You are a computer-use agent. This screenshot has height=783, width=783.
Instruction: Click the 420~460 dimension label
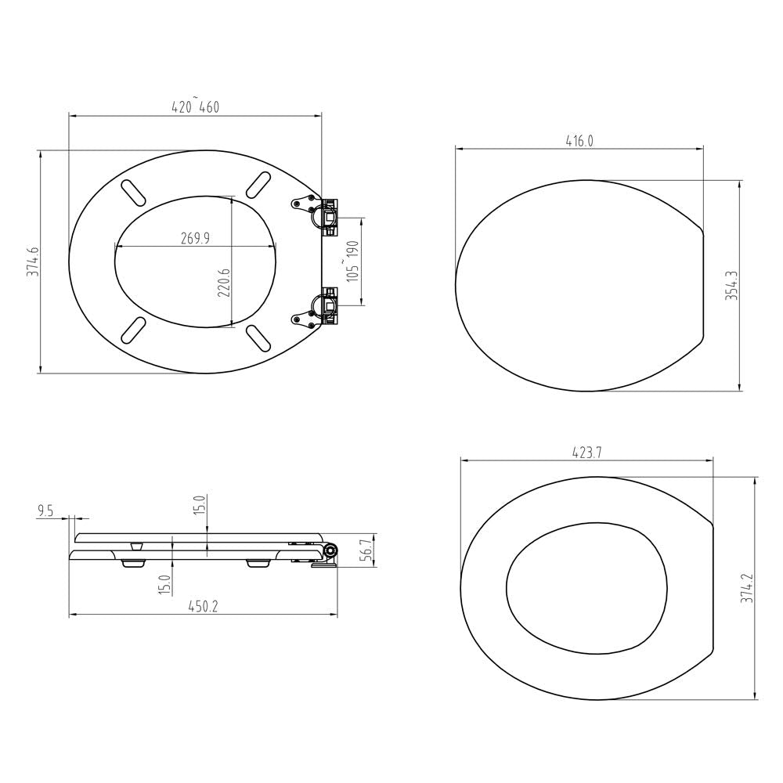195,107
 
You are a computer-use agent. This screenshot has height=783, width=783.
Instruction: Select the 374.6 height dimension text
32,262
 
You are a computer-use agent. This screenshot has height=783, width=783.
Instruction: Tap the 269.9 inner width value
195,239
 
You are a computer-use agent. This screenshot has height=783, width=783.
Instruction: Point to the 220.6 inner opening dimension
224,283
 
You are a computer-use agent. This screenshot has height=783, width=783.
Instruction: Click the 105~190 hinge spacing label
352,262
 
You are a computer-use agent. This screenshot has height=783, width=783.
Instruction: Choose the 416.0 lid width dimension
579,141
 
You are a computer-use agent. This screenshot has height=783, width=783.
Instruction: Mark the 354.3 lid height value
730,287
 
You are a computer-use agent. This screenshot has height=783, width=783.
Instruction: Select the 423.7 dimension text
586,452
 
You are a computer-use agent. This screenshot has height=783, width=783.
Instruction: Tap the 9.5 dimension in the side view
45,511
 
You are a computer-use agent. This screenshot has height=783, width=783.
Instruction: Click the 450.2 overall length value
203,606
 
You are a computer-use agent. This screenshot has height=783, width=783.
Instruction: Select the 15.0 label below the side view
164,583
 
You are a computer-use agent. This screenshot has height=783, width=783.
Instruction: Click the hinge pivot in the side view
330,552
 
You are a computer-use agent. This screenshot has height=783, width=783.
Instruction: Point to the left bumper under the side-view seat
135,561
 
